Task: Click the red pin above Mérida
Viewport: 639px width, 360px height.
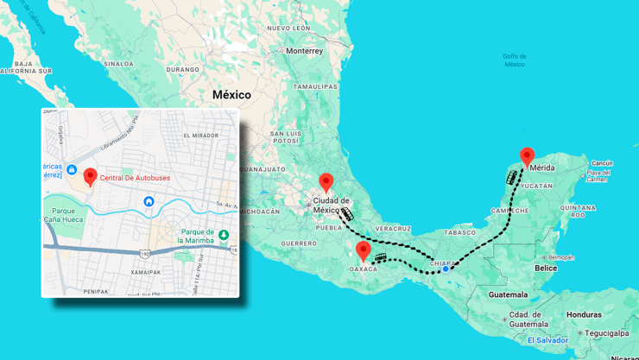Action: coord(527,156)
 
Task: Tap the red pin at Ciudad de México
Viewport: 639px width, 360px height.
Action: coord(326,182)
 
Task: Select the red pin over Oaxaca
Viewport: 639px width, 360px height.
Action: coord(364,250)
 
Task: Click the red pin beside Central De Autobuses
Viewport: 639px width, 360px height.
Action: coord(90,177)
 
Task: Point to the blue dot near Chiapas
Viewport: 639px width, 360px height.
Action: coord(446,268)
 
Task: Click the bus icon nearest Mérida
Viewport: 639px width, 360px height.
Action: coord(511,177)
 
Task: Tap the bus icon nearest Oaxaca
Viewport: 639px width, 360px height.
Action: coord(382,257)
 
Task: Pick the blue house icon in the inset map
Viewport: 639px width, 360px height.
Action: coord(149,202)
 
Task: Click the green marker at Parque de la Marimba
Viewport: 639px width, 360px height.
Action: coord(224,235)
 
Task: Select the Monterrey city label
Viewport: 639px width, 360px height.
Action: coord(305,51)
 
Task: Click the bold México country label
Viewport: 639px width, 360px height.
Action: coord(231,95)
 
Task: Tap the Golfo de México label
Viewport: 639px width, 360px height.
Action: coord(515,60)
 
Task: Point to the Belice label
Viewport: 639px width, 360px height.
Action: coord(546,268)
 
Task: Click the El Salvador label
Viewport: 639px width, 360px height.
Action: coord(547,340)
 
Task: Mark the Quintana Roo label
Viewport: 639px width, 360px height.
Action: coord(578,211)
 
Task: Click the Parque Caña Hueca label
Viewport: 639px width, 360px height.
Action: coord(60,215)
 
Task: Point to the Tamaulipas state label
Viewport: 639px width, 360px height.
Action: coord(315,87)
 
